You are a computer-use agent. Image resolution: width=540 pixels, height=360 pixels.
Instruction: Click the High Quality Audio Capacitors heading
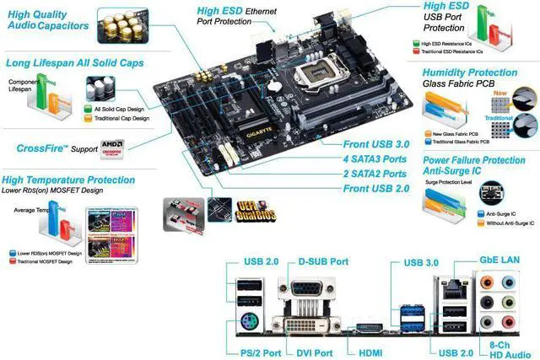click(47, 19)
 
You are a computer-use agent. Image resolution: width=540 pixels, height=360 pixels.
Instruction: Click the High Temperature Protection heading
click(69, 180)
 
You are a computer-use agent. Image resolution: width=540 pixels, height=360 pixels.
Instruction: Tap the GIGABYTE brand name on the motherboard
click(251, 133)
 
